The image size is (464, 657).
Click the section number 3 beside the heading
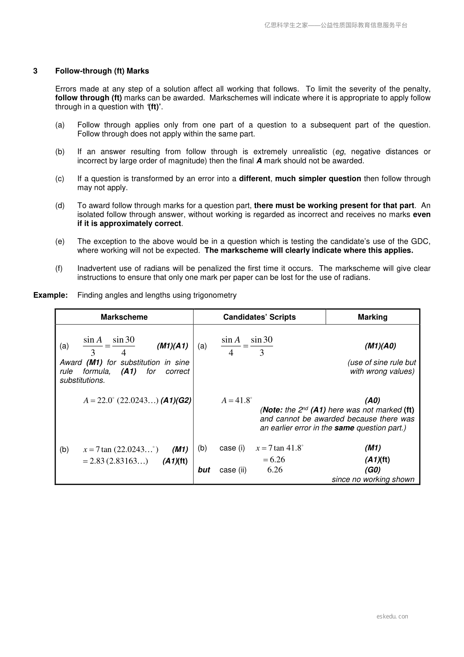pos(35,71)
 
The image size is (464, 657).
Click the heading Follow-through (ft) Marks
pos(102,71)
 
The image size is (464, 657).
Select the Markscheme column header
pos(124,317)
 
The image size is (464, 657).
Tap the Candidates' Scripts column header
pos(259,317)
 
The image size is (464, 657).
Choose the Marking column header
pos(372,317)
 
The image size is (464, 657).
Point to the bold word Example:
pos(51,295)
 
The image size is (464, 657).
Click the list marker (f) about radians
pos(59,268)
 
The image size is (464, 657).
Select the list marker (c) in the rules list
pos(60,179)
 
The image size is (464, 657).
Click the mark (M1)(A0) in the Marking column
pos(380,346)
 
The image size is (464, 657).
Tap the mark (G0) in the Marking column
pos(372,470)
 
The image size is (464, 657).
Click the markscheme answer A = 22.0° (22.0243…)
pos(121,400)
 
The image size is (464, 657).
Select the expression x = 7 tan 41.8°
pos(279,448)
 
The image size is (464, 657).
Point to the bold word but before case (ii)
pos(204,470)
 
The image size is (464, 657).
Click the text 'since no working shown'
pos(373,480)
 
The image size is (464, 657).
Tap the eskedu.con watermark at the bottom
pos(392,616)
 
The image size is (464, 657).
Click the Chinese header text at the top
pos(336,25)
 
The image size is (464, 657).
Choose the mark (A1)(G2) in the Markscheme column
pos(176,400)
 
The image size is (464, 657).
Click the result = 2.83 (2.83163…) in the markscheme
pos(115,461)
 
